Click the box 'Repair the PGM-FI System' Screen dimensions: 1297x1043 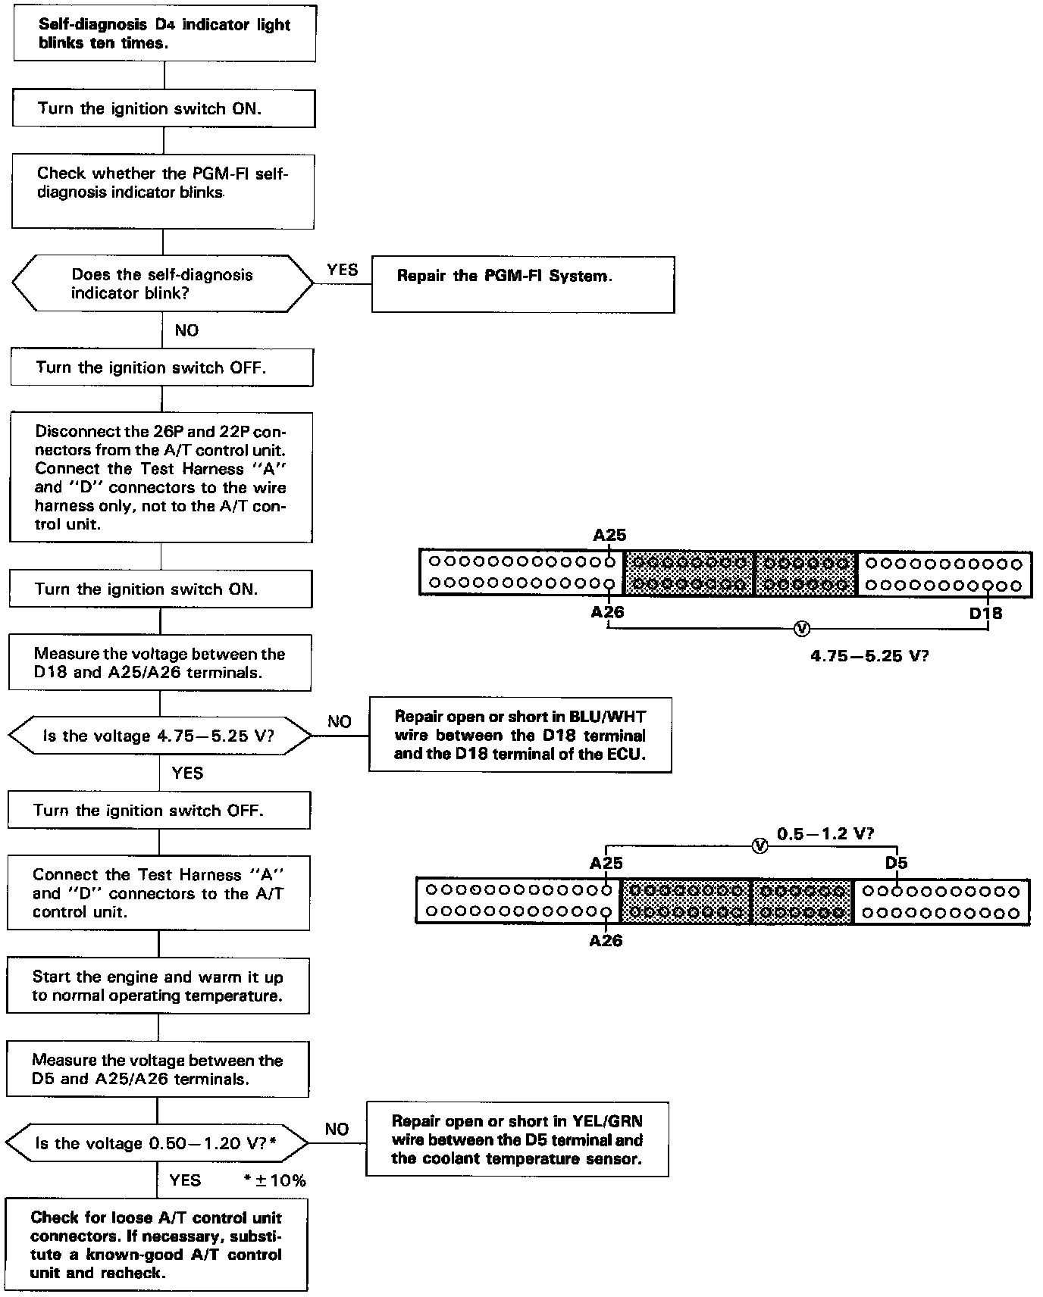(x=522, y=284)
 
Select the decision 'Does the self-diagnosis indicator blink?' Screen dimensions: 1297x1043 (x=162, y=284)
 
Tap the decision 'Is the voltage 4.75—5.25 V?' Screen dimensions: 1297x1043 (x=159, y=736)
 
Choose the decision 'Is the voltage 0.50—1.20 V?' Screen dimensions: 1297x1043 (x=156, y=1143)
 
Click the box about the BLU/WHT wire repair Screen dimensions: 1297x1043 (x=520, y=735)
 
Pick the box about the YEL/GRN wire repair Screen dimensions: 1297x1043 (x=517, y=1139)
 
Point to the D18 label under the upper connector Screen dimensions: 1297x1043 (x=985, y=613)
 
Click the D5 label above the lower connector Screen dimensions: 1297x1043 (x=896, y=863)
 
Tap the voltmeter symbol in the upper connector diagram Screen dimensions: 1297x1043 (x=801, y=629)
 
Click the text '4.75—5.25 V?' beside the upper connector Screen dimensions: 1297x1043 (x=869, y=656)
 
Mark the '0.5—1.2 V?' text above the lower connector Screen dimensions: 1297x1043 (x=825, y=833)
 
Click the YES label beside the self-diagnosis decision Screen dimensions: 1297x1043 (x=342, y=270)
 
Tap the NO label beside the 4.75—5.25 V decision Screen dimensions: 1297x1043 (x=339, y=721)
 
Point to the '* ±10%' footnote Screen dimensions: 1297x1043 (x=274, y=1180)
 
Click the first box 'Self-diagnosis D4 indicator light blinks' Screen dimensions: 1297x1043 (x=164, y=34)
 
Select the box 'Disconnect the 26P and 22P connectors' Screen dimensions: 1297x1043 (x=161, y=477)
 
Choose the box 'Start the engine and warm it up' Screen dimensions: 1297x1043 (x=158, y=986)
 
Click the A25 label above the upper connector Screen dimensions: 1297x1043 (x=609, y=535)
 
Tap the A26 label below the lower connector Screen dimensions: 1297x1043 (x=606, y=941)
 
